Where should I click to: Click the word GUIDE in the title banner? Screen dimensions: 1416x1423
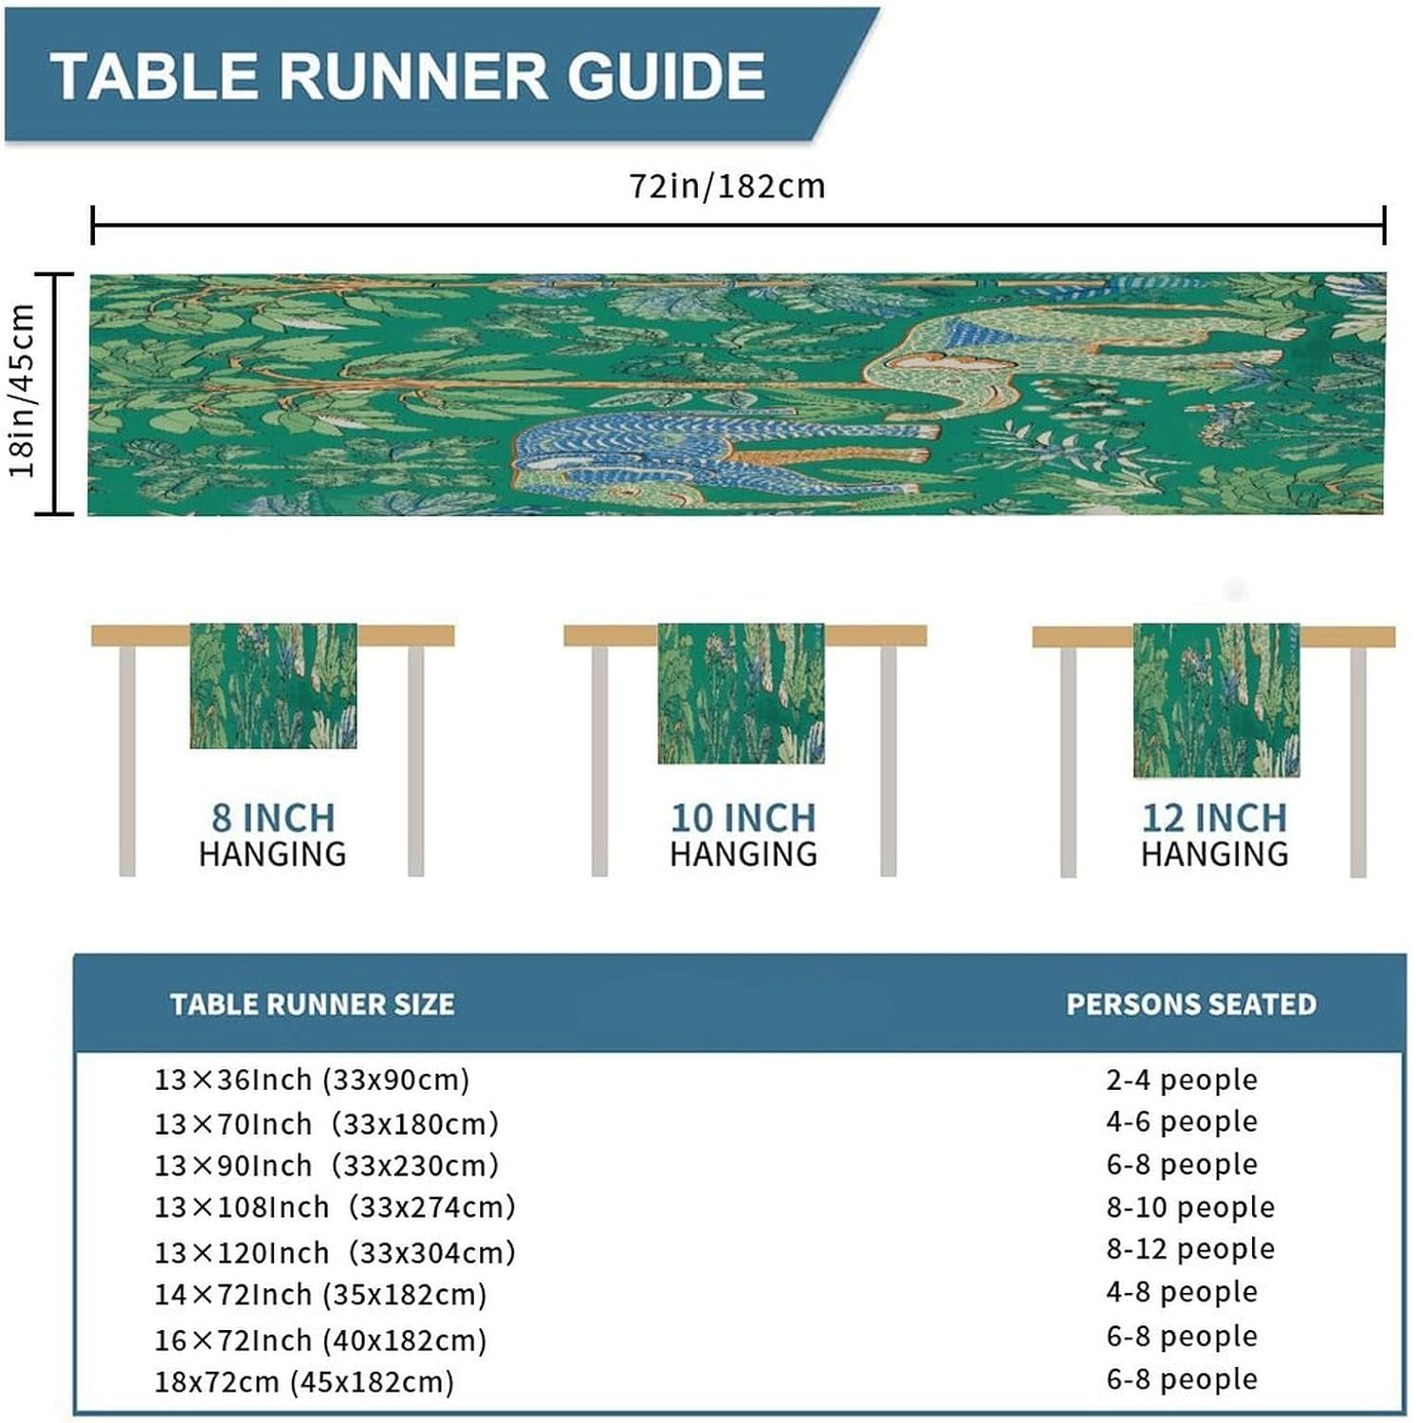point(667,76)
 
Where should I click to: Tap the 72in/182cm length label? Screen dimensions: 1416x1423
point(727,186)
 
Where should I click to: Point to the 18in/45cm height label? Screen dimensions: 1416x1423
point(22,391)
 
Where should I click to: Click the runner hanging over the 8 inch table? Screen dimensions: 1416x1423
point(273,685)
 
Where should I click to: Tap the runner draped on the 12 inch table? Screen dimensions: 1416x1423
point(1216,700)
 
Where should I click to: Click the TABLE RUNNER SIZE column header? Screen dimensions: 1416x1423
point(312,1004)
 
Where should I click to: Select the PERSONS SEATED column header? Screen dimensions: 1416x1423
point(1191,1004)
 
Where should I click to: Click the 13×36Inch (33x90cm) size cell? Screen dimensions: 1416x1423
point(312,1080)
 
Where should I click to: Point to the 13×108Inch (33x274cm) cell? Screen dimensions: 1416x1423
point(335,1207)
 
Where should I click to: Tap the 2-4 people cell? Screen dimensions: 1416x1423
point(1182,1080)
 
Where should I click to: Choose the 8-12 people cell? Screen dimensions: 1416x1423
point(1190,1248)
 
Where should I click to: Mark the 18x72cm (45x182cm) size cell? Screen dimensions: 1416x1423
point(304,1381)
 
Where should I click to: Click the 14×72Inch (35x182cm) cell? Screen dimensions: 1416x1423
point(321,1294)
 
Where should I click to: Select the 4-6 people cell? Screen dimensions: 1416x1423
point(1182,1121)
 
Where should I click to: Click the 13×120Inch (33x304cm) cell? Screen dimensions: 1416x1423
point(335,1252)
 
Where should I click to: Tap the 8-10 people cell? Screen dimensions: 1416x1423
point(1190,1207)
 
